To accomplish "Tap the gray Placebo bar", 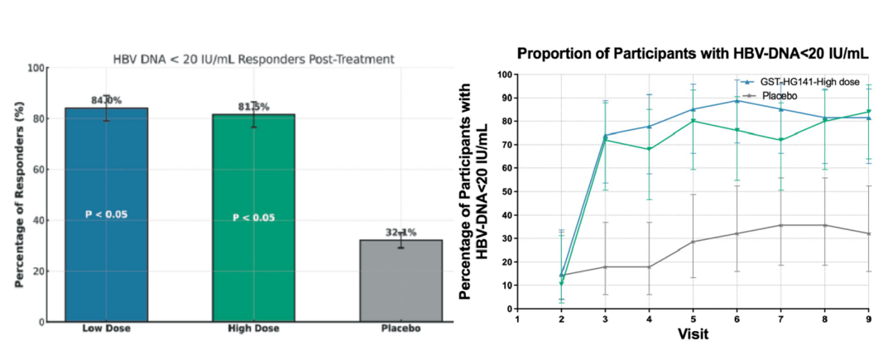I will (401, 281).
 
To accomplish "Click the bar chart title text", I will (253, 59).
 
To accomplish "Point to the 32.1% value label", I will (401, 233).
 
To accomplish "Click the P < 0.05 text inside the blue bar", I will (106, 214).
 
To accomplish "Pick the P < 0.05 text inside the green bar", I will (253, 218).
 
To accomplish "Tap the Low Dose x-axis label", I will (106, 329).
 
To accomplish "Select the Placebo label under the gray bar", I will (401, 329).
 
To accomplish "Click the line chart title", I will (692, 54).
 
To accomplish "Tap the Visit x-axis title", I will (691, 335).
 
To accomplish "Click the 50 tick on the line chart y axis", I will (505, 192).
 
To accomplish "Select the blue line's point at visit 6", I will (736, 100).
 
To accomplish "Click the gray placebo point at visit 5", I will (692, 242).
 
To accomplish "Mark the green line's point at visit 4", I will (648, 149).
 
